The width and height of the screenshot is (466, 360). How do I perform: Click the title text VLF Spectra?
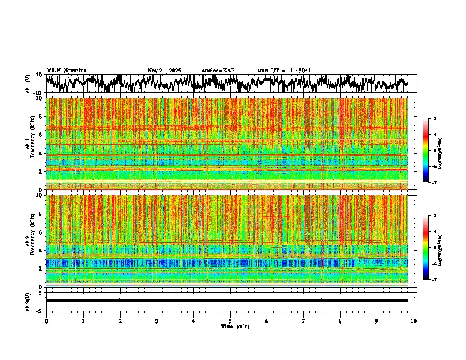click(x=66, y=70)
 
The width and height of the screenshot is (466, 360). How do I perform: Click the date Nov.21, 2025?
click(x=164, y=71)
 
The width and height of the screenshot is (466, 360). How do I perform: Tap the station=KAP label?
click(x=218, y=71)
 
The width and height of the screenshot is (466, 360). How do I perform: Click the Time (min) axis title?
click(x=230, y=326)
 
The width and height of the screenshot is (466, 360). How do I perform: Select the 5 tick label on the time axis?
click(x=230, y=321)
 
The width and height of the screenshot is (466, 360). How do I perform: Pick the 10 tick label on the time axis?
click(x=414, y=321)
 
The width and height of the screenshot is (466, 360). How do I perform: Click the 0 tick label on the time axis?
click(x=46, y=321)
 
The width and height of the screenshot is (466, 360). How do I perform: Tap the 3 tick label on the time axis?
click(x=157, y=321)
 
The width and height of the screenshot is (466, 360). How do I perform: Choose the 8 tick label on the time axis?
click(x=340, y=321)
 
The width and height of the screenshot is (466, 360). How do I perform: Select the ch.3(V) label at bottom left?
click(x=28, y=300)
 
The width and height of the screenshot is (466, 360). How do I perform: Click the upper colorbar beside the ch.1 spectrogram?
click(x=432, y=151)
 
